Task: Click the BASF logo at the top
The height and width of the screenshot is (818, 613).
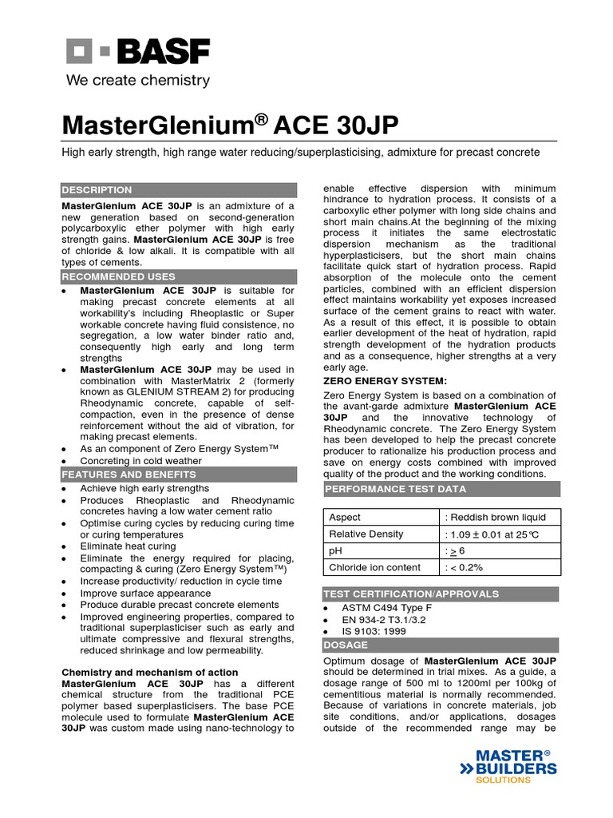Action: click(137, 53)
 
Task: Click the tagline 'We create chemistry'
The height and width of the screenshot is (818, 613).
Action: click(137, 81)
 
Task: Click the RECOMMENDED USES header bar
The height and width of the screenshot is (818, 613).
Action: click(178, 276)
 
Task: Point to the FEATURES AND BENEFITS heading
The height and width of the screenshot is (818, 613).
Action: click(178, 474)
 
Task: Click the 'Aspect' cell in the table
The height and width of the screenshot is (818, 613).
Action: click(345, 517)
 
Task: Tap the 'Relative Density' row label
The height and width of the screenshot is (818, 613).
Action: click(366, 534)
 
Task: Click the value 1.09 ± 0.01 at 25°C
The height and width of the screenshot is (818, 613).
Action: click(493, 534)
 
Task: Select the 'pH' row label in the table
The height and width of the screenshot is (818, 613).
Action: click(334, 550)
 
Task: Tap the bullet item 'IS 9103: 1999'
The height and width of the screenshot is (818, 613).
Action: click(374, 631)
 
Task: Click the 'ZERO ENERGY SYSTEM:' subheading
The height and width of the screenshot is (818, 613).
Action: click(385, 380)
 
